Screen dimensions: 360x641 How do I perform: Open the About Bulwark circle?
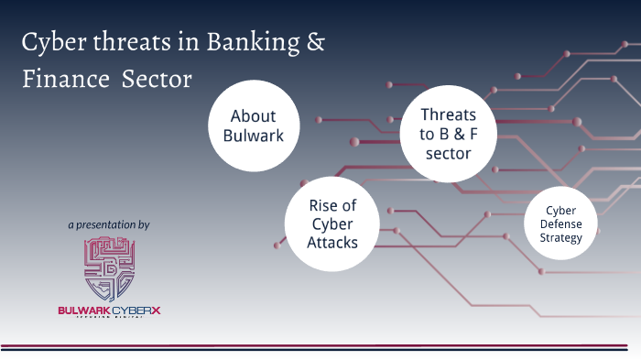pos(253,126)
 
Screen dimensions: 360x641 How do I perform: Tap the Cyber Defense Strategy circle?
pos(560,224)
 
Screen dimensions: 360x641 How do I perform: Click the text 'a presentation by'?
pos(109,224)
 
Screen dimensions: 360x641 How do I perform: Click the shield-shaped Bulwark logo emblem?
pos(109,269)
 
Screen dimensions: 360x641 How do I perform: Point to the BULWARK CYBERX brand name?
pos(109,311)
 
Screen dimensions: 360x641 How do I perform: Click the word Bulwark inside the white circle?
pos(253,136)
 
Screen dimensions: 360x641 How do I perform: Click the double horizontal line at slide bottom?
pos(320,347)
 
